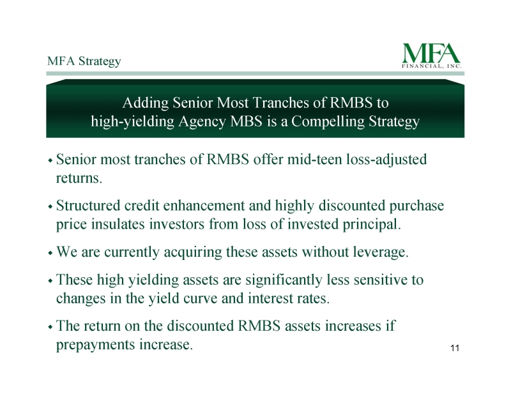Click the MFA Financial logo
pos(432,56)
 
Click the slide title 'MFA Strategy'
pos(84,61)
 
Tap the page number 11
pos(455,348)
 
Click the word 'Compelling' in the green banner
pos(328,121)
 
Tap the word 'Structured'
pos(88,206)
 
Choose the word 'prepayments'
pos(96,345)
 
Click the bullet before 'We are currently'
pos(50,253)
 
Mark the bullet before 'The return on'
pos(50,326)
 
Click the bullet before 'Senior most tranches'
pos(50,160)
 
